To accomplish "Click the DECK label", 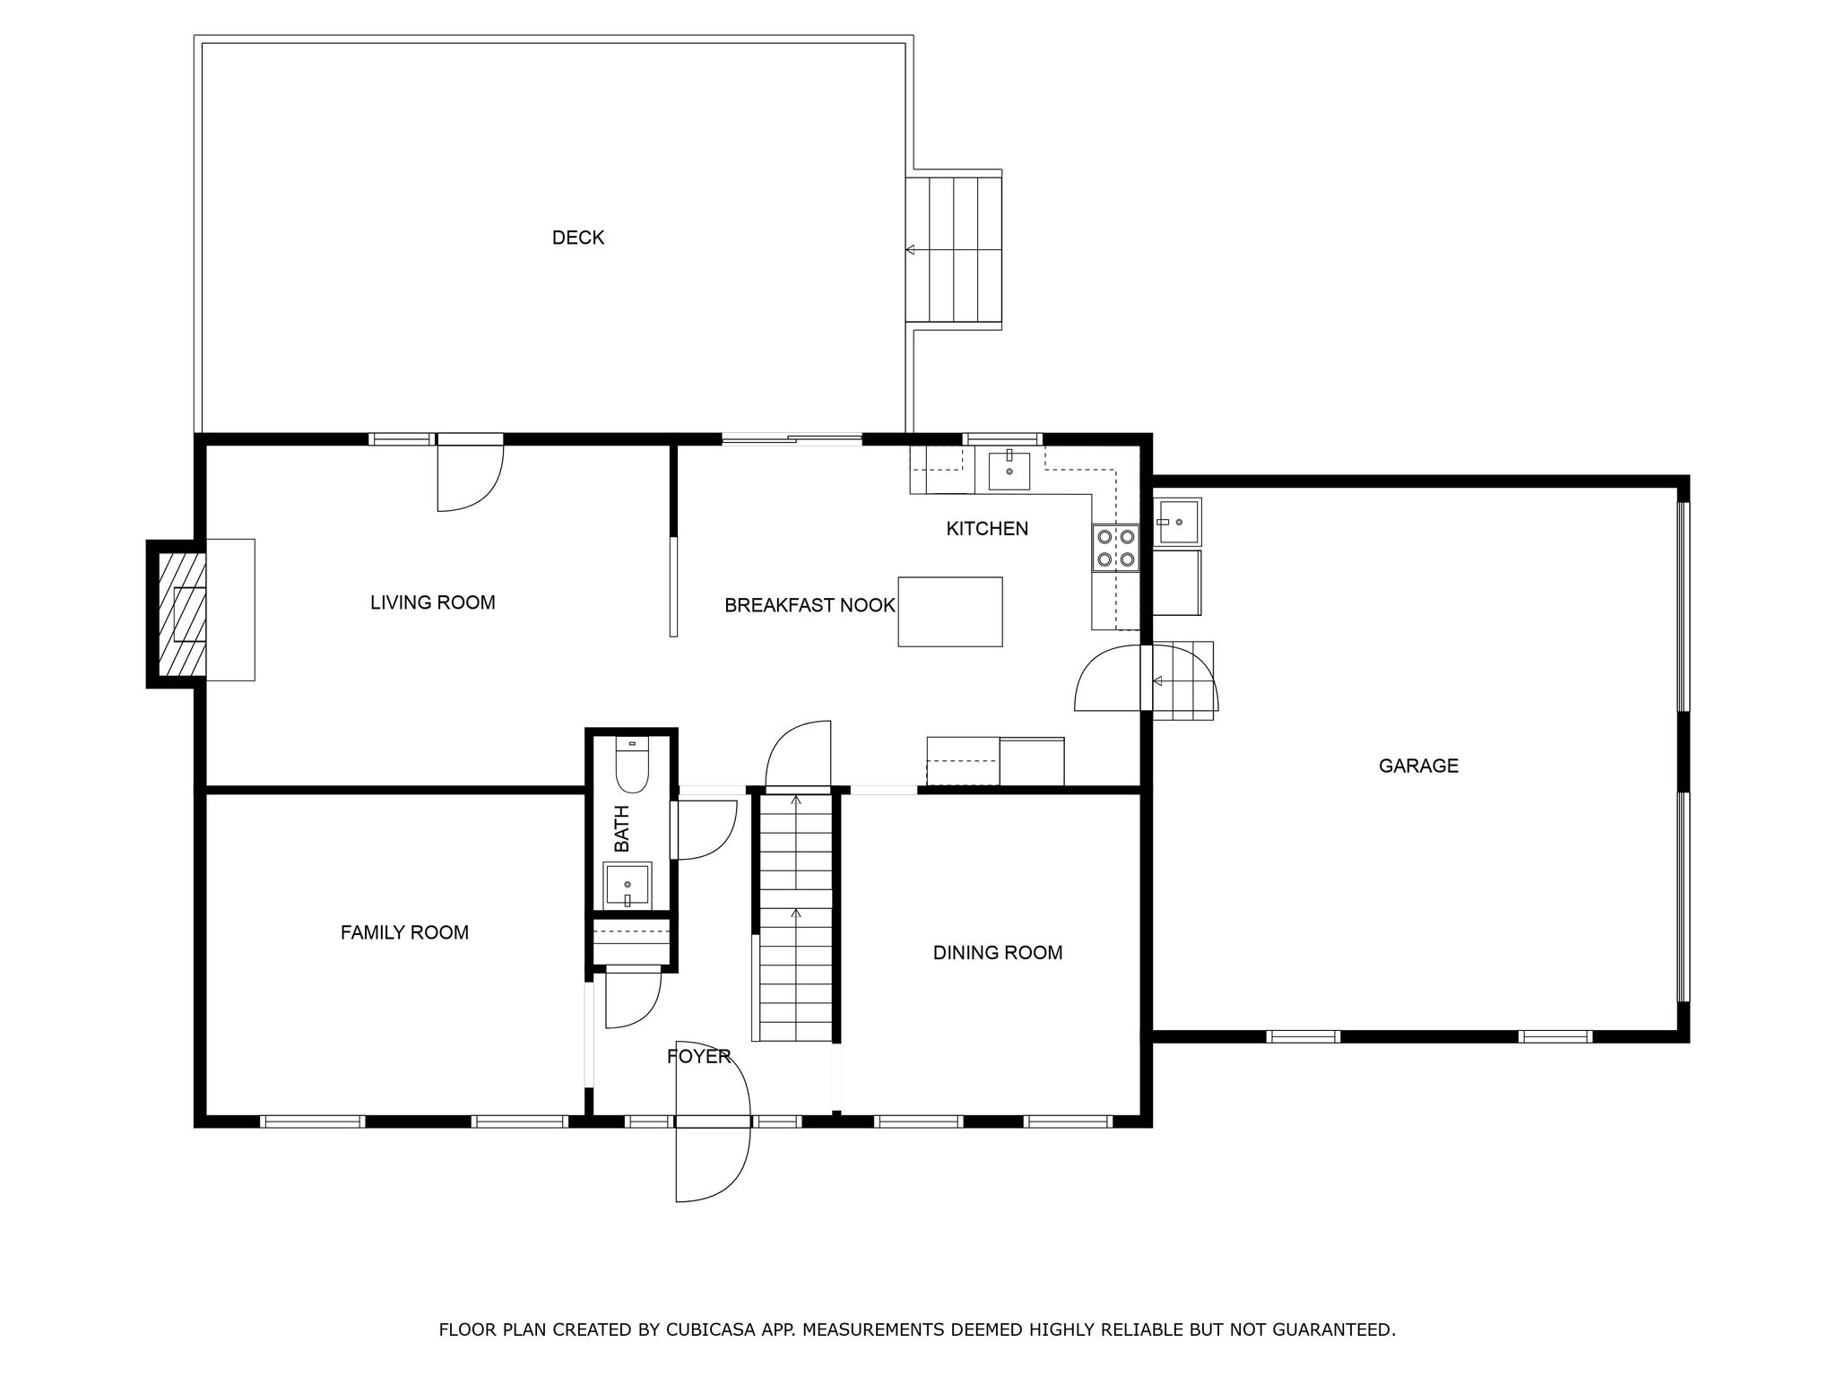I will point(577,238).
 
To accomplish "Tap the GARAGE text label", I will point(1418,766).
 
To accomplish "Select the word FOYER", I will point(698,1057).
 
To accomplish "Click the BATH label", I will point(621,828).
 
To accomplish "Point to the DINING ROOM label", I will point(997,953).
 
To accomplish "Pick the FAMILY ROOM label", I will point(404,932).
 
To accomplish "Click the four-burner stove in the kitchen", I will point(1115,548).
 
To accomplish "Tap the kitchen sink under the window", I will point(1009,471).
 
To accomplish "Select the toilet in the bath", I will point(632,766).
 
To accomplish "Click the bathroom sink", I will point(627,886).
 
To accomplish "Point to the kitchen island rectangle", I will point(949,611).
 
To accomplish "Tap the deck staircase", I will point(954,249).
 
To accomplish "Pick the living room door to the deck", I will point(470,475).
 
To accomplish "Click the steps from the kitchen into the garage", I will point(1182,680).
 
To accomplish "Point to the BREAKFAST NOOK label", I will point(809,606).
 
